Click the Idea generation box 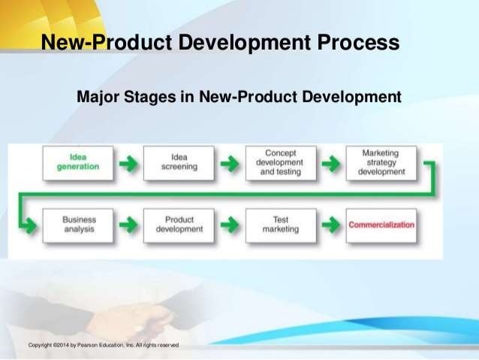point(77,162)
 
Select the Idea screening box point(179,162)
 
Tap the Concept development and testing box point(279,162)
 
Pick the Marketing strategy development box point(381,162)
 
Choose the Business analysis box point(79,225)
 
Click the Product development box point(179,225)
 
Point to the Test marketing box point(280,225)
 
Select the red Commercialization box point(381,225)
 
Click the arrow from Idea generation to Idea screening point(129,162)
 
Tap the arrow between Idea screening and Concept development point(230,162)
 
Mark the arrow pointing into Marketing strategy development point(330,162)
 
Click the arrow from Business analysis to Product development point(129,225)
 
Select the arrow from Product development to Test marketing point(230,225)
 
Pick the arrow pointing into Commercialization point(330,225)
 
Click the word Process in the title point(356,43)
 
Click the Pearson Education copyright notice point(103,345)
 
